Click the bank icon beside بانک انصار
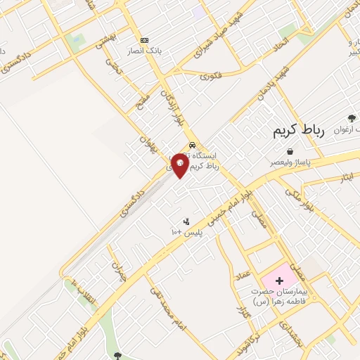coord(145,40)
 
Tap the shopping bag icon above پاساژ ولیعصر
coord(290,151)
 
